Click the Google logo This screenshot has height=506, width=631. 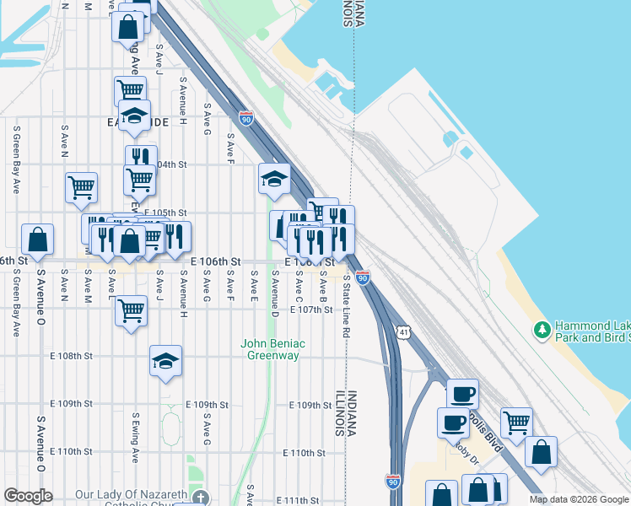[x=28, y=496]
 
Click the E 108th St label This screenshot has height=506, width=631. [x=71, y=357]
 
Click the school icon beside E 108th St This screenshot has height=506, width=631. [x=166, y=361]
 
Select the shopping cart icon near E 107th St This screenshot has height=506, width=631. [x=132, y=310]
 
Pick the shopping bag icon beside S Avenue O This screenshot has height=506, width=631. [x=38, y=240]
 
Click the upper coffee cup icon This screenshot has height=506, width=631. [x=461, y=393]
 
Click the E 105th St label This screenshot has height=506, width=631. [x=165, y=213]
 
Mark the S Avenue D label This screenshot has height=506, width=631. [x=274, y=292]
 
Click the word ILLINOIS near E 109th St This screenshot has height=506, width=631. [x=340, y=413]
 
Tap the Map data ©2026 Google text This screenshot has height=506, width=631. [x=578, y=499]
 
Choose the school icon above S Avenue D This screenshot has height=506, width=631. [x=274, y=178]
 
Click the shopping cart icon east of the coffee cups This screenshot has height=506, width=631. [x=516, y=421]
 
